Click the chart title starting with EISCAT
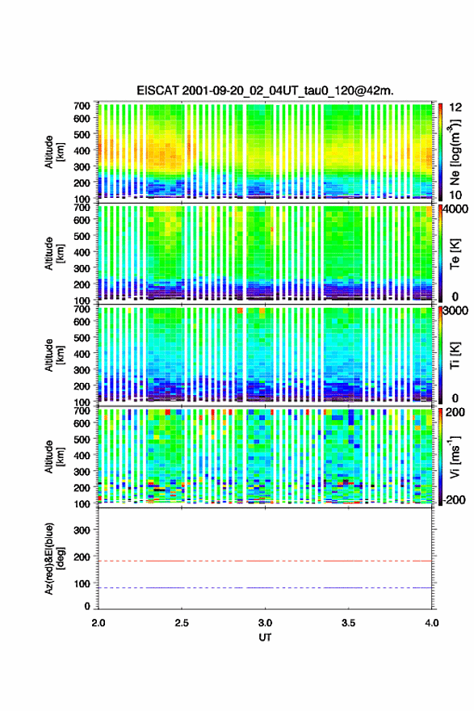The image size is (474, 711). tap(265, 90)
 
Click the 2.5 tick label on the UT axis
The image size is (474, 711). tap(182, 623)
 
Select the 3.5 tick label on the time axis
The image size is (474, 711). tap(348, 623)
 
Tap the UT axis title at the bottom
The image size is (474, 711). tap(265, 637)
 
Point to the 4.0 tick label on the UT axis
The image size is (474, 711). tap(431, 623)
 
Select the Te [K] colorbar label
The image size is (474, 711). tap(455, 255)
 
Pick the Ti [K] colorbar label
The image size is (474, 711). tap(455, 355)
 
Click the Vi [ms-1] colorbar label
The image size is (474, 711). tap(455, 457)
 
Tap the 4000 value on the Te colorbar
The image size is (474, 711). tap(456, 210)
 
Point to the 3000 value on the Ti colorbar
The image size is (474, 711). tap(456, 311)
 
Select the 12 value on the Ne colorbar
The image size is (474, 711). tap(456, 107)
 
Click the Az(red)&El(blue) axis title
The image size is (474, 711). tap(53, 558)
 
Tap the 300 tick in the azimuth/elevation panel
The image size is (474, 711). tap(82, 530)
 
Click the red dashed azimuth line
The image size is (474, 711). tap(265, 561)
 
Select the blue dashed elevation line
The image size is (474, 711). tap(265, 587)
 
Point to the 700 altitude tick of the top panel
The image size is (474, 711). tap(82, 106)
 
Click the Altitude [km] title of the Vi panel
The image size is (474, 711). tap(53, 456)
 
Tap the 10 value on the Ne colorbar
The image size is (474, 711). tap(456, 195)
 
